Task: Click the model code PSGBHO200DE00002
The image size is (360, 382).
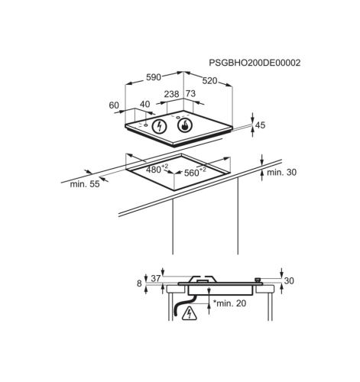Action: click(x=255, y=63)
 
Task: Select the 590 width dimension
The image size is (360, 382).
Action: click(x=154, y=77)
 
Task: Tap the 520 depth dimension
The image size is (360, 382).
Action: click(x=209, y=81)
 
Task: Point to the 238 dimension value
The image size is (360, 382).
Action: click(x=171, y=94)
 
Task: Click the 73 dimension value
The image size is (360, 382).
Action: click(x=190, y=94)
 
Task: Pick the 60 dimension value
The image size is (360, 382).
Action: click(x=114, y=105)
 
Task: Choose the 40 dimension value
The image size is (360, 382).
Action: click(x=145, y=104)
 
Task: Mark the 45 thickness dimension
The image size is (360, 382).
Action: click(x=260, y=125)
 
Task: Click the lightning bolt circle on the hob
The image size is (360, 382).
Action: click(x=159, y=126)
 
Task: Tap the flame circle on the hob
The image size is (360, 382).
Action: click(x=185, y=125)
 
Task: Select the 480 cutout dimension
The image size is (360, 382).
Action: click(x=157, y=169)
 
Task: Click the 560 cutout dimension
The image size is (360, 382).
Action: click(x=195, y=172)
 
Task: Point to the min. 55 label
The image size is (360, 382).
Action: click(x=85, y=184)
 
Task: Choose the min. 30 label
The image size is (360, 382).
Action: click(x=282, y=173)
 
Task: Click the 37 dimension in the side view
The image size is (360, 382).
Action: click(x=156, y=279)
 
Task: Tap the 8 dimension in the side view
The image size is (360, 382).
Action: click(x=139, y=283)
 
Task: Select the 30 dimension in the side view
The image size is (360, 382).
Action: click(x=289, y=281)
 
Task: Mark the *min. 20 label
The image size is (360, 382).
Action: click(x=229, y=303)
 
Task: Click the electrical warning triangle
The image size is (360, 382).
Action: click(x=190, y=313)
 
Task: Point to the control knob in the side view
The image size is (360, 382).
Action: click(x=258, y=280)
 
